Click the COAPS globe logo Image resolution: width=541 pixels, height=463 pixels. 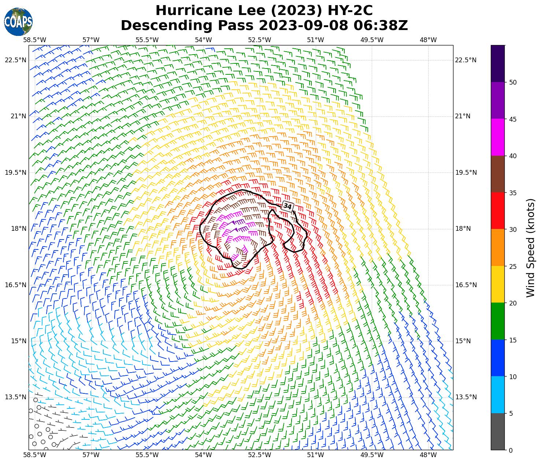click(18, 22)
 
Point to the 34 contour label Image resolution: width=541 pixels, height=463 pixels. click(288, 207)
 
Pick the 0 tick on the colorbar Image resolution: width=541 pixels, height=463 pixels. click(511, 450)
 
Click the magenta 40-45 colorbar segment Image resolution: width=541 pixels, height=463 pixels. click(498, 137)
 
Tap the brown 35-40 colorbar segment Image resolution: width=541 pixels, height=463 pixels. click(498, 174)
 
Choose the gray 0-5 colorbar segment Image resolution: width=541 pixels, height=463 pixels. click(498, 431)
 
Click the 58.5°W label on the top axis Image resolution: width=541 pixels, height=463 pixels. click(35, 40)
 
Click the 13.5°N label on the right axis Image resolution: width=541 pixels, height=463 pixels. click(466, 397)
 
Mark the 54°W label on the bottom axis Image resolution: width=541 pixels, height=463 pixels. click(203, 455)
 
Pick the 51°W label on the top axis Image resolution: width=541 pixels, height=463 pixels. click(315, 40)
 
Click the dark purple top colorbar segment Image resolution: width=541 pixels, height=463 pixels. click(498, 63)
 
